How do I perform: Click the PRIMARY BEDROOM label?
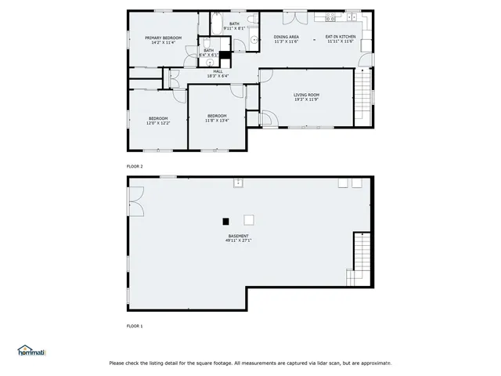tap(163, 38)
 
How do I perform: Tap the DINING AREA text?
tap(286, 37)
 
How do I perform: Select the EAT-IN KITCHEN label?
tap(341, 37)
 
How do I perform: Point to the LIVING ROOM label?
tap(306, 95)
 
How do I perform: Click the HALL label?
tap(218, 71)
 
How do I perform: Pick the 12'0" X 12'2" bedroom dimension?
tap(158, 123)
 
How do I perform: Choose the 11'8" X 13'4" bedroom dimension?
tap(217, 121)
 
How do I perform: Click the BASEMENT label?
tap(238, 236)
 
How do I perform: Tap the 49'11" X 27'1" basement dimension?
tap(238, 240)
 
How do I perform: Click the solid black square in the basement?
tap(226, 221)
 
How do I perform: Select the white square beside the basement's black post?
tap(249, 220)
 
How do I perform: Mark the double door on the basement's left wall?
tap(136, 202)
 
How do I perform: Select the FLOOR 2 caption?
tap(135, 167)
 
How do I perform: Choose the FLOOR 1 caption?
tap(135, 325)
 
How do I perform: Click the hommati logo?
tap(32, 351)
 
